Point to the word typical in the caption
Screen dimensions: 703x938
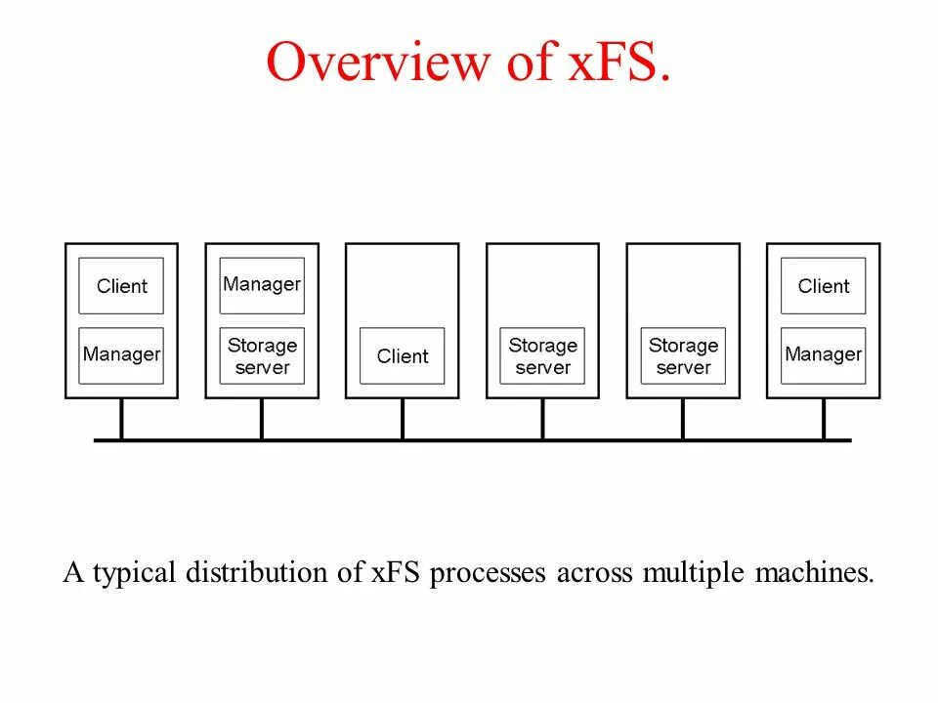click(x=140, y=572)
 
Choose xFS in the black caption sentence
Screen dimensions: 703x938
click(x=395, y=572)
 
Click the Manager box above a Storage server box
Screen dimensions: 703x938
click(x=262, y=285)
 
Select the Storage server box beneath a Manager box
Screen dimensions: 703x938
click(x=262, y=356)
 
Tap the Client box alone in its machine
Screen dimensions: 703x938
click(x=403, y=356)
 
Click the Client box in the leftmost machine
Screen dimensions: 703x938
click(x=121, y=286)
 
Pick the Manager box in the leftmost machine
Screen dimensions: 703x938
click(x=121, y=355)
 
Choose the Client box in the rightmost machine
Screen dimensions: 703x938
click(x=824, y=286)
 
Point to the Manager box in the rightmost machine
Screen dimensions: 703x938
click(x=824, y=355)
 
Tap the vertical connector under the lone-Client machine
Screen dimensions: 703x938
click(x=403, y=419)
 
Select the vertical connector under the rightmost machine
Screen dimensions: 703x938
click(x=824, y=419)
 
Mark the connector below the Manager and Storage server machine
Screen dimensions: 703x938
click(x=262, y=419)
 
